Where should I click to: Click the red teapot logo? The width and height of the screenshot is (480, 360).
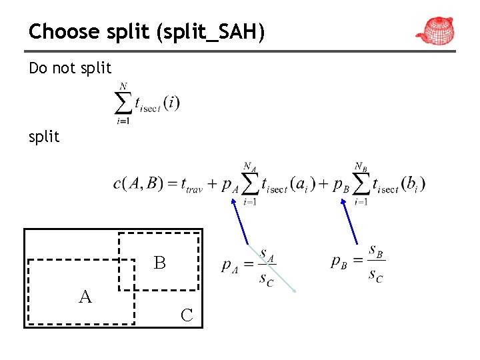pos(435,30)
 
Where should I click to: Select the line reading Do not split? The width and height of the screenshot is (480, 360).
pos(70,68)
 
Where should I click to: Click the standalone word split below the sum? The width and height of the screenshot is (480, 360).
pos(44,137)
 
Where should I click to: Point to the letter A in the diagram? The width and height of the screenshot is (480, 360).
pos(85,297)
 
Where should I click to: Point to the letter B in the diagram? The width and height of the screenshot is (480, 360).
pos(159,263)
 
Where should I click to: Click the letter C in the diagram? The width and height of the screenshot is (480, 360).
pos(187,315)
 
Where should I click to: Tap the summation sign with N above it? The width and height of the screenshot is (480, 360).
pos(123,103)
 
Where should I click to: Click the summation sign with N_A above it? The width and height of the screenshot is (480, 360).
pos(251,183)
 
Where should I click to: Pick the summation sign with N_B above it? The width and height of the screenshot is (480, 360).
pos(361,183)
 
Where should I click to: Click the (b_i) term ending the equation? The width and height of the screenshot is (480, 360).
pos(413,184)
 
